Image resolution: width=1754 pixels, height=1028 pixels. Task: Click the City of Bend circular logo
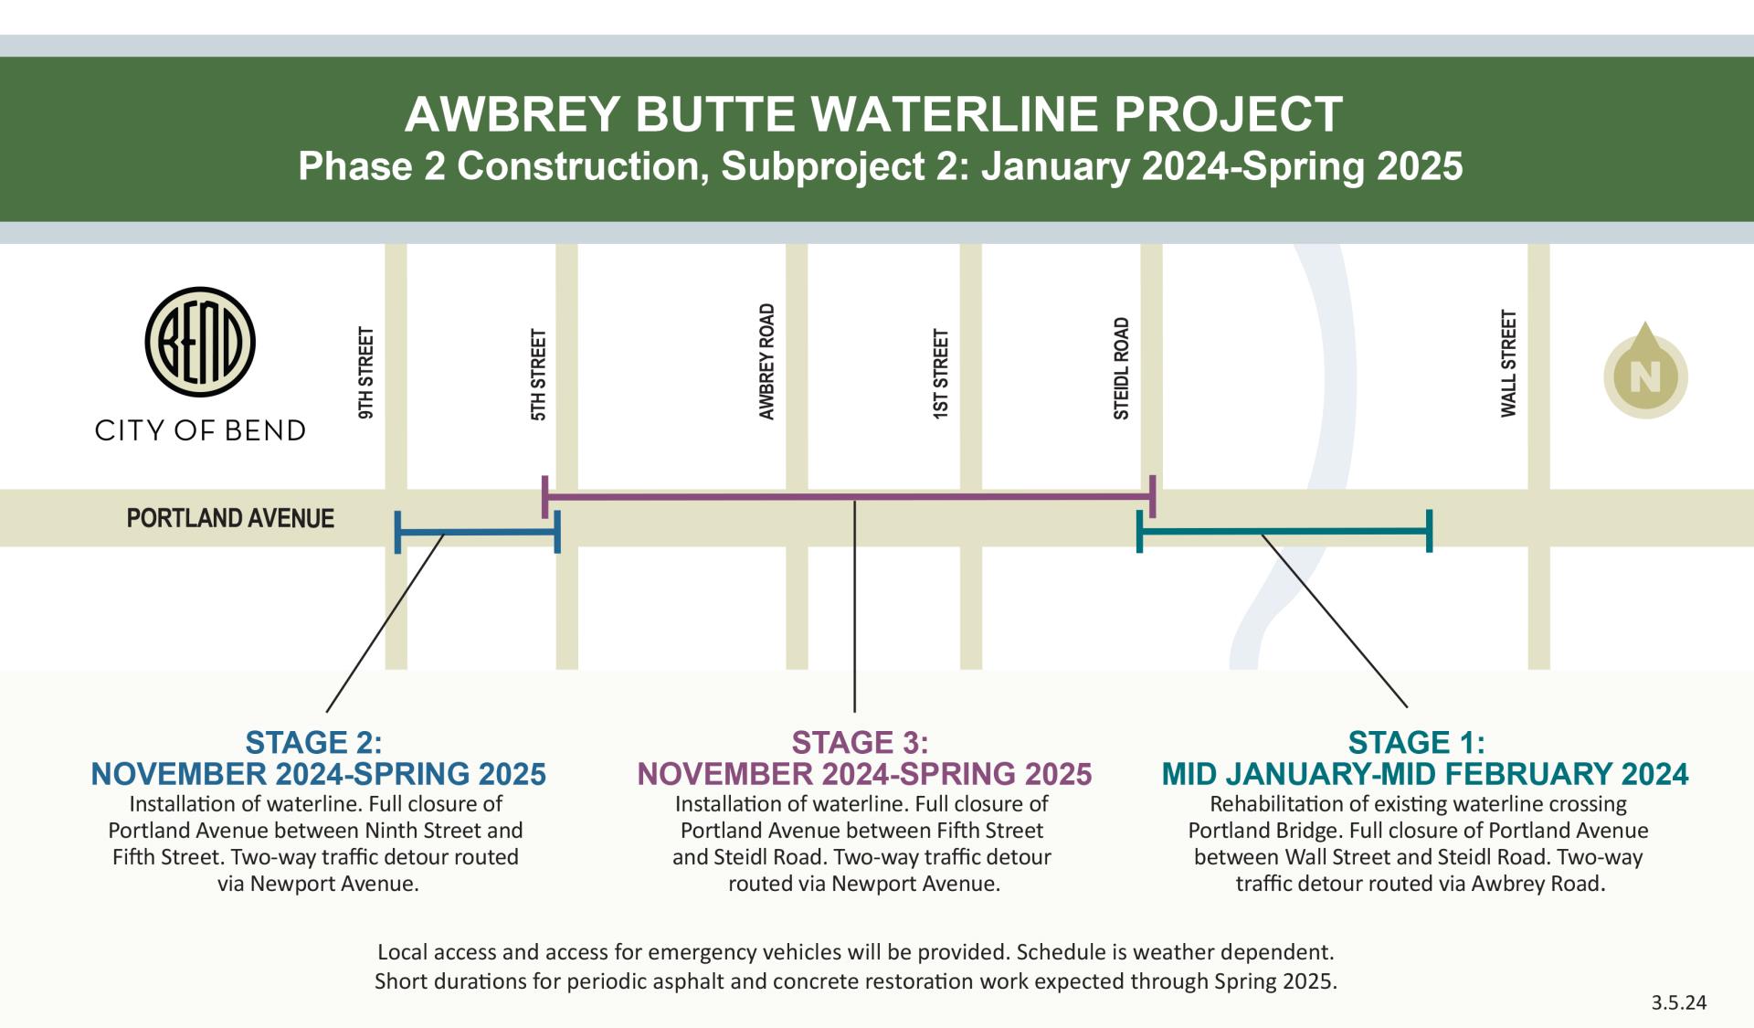coord(200,342)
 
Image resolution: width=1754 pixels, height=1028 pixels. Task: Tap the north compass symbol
coord(1645,375)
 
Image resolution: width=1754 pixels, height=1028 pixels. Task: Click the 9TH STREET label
coord(366,373)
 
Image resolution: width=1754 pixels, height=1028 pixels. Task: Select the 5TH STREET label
coord(539,375)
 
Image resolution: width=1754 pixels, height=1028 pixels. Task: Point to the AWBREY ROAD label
coord(767,362)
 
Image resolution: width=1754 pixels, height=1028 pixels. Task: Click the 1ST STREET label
coord(941,374)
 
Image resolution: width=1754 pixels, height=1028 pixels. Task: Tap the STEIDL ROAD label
coord(1122,368)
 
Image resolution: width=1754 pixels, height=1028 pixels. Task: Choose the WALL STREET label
coord(1508,364)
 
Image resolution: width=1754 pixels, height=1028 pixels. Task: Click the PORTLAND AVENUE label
coord(230,518)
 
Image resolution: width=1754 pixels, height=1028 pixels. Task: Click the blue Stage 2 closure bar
coord(477,533)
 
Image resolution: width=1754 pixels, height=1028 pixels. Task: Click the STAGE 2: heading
coord(313,742)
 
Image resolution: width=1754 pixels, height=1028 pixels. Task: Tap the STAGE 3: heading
coord(860,742)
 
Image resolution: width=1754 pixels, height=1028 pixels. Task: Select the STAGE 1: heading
coord(1416,742)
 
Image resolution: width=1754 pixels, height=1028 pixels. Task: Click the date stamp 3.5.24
coord(1678,1002)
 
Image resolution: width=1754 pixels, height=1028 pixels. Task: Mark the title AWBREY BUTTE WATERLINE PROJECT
coord(873,115)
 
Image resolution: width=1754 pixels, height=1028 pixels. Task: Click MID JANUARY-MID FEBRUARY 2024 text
coord(1424,774)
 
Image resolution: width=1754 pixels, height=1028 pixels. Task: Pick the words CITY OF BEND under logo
coord(200,430)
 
